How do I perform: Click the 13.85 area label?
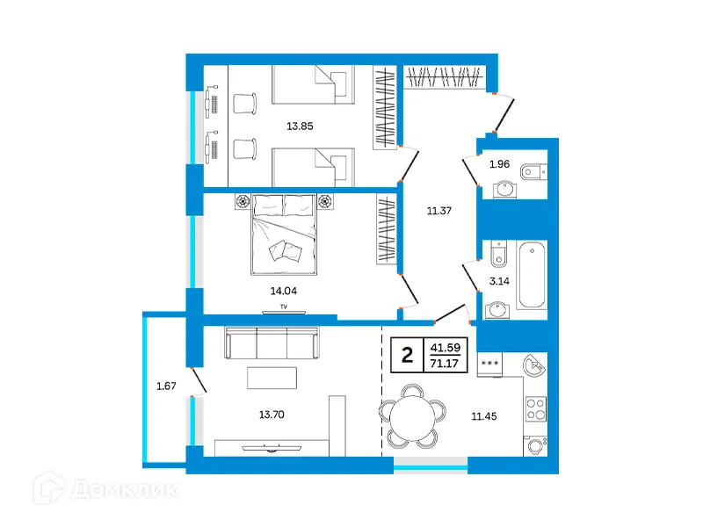(x=300, y=126)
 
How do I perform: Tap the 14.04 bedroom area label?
(x=283, y=291)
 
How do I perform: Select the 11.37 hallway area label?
(x=438, y=211)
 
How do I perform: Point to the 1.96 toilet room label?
(x=499, y=164)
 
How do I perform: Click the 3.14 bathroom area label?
(x=499, y=281)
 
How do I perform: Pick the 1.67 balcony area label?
(x=166, y=386)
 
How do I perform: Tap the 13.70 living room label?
(x=272, y=415)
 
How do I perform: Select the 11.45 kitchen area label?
(x=484, y=416)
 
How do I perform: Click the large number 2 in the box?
(x=407, y=356)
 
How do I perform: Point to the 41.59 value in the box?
(x=446, y=347)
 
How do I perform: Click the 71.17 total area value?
(x=445, y=363)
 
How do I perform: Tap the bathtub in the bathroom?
(x=532, y=275)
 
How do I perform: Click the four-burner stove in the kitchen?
(x=536, y=409)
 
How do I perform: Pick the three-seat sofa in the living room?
(x=272, y=343)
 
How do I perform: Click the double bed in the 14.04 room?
(x=284, y=235)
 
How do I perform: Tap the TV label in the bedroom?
(x=283, y=307)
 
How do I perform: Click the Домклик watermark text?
(x=125, y=490)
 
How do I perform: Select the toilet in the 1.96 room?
(x=533, y=171)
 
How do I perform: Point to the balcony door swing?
(x=198, y=381)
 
